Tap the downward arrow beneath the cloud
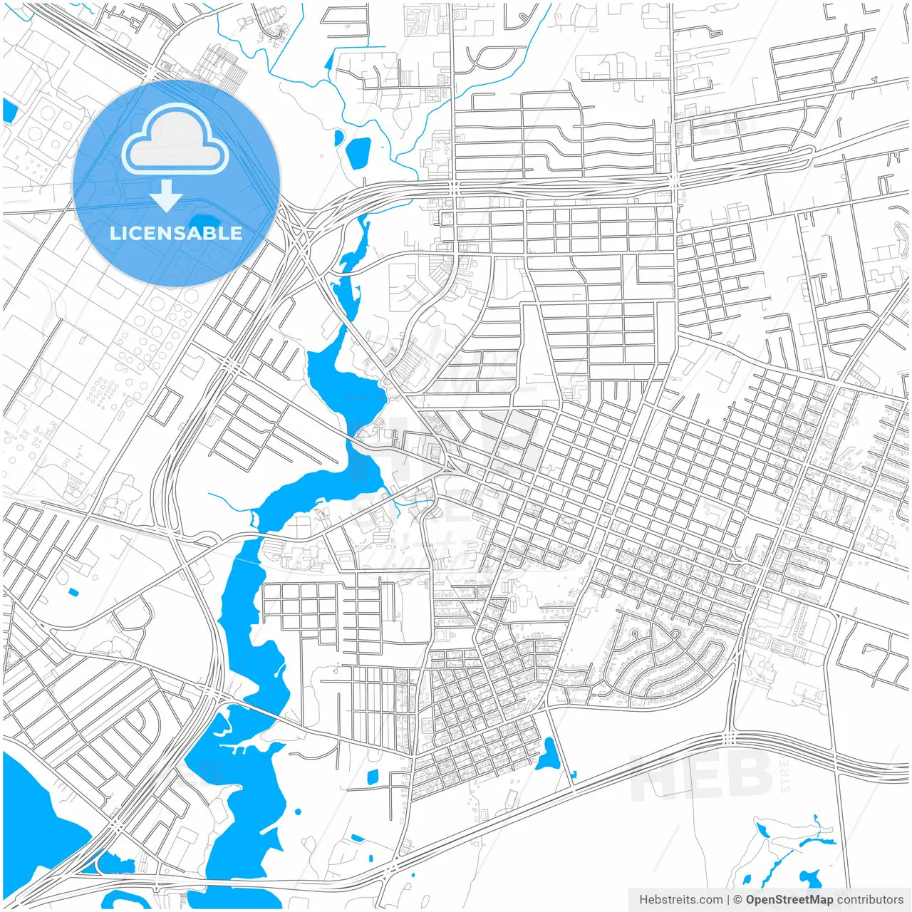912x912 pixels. point(166,196)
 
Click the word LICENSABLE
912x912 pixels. point(176,233)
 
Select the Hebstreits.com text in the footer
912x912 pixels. point(681,900)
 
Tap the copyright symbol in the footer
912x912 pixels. point(738,900)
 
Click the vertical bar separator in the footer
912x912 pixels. point(729,900)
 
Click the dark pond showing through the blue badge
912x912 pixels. point(206,222)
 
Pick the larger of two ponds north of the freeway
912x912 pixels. point(357,152)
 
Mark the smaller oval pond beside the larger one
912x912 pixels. point(338,136)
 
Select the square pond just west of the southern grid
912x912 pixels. point(371,777)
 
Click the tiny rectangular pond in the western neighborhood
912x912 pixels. point(72,591)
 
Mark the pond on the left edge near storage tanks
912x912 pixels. point(9,110)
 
